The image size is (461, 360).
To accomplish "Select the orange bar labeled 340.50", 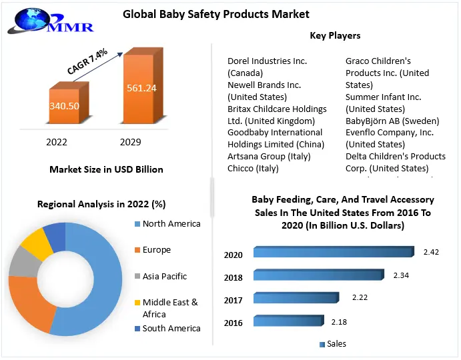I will coord(65,107).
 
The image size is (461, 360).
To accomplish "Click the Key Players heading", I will coord(335,35).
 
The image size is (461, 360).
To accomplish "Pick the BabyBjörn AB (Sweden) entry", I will coord(392,121).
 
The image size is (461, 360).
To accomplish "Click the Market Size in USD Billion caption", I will coord(106,169).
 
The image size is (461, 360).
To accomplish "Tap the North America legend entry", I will coord(171,224).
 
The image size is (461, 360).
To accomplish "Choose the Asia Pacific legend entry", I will coord(165,276).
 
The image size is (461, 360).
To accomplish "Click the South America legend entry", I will coord(171,328).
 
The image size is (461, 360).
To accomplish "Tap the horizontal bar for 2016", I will coord(286,321).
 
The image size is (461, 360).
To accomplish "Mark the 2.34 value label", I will coord(402,275).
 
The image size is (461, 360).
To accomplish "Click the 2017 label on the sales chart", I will coord(234,301).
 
